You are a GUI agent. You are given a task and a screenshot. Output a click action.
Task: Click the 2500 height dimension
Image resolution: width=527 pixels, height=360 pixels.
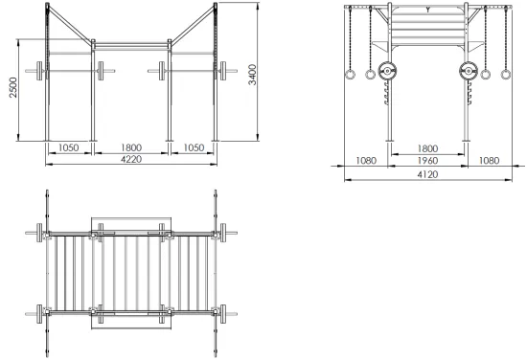pos(13,87)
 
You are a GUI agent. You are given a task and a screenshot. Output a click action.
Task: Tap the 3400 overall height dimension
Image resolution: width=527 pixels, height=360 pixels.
pos(252,75)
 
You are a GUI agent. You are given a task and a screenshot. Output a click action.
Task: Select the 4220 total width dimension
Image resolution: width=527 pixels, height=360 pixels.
pos(131,159)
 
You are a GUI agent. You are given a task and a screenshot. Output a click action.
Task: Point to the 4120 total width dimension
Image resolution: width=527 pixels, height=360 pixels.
pos(428,174)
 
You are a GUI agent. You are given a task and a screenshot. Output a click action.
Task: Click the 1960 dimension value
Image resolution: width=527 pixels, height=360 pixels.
pos(428,161)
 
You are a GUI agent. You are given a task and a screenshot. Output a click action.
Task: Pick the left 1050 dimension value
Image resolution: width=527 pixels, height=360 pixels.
pos(69,147)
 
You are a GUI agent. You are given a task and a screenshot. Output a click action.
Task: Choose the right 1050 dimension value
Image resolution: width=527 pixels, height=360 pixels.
pos(194,147)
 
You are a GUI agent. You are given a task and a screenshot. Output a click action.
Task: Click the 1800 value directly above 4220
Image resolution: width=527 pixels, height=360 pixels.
pos(131,147)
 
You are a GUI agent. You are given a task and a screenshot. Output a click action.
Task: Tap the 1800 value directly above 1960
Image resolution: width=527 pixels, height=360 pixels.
pos(428,148)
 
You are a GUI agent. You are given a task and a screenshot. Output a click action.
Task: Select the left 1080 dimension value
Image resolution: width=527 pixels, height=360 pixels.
pos(366,161)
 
